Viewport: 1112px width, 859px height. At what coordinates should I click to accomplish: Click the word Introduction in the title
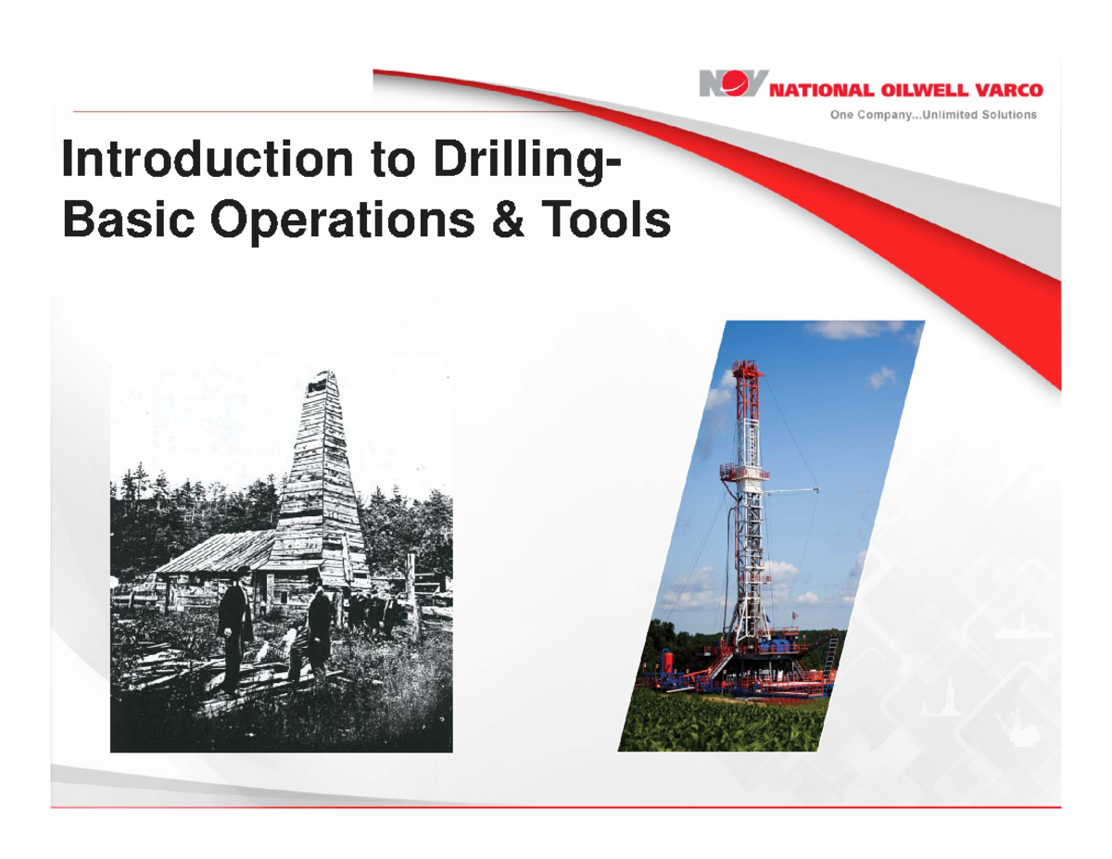pyautogui.click(x=208, y=158)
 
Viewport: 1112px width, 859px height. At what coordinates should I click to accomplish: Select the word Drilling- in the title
pyautogui.click(x=526, y=162)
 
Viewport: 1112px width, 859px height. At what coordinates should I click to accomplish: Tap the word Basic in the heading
pyautogui.click(x=129, y=219)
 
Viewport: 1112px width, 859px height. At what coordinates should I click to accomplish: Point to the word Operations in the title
pyautogui.click(x=342, y=222)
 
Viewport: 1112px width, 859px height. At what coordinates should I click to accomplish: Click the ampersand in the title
pyautogui.click(x=507, y=219)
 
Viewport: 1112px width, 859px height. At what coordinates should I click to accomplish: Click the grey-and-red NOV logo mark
pyautogui.click(x=733, y=83)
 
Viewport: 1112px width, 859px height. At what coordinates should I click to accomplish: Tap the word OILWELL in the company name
pyautogui.click(x=924, y=91)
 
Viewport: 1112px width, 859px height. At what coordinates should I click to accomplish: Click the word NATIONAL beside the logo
pyautogui.click(x=821, y=91)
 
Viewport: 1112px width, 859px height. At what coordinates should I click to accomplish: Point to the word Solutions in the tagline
pyautogui.click(x=1009, y=115)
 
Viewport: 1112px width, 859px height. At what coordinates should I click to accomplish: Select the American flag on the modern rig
pyautogui.click(x=795, y=614)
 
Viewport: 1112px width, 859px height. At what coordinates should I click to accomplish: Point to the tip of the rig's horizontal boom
pyautogui.click(x=816, y=489)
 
